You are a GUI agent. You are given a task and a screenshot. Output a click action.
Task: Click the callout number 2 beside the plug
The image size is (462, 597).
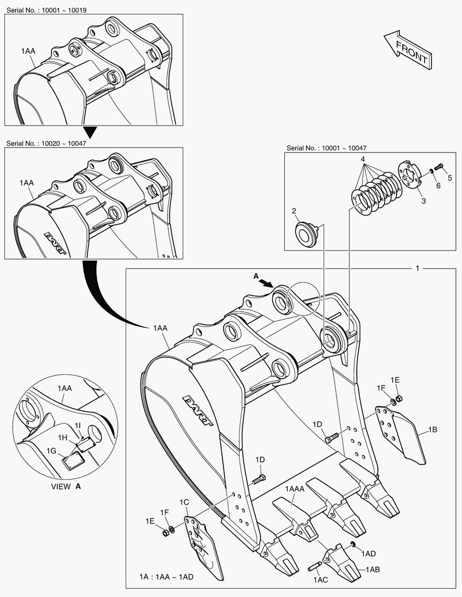[294, 211]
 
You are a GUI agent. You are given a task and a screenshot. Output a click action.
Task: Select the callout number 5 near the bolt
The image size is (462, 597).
[450, 177]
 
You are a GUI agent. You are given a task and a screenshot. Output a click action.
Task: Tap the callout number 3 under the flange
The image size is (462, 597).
[424, 201]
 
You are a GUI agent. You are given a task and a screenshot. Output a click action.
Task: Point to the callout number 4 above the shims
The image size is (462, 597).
[363, 159]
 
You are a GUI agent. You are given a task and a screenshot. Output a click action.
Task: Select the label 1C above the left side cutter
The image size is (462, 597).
[185, 502]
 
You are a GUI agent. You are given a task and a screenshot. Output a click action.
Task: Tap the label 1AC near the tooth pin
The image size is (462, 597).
[321, 580]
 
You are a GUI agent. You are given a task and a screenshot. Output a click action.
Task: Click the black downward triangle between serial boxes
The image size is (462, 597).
[90, 132]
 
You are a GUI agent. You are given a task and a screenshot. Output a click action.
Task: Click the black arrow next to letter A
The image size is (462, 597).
[267, 282]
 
